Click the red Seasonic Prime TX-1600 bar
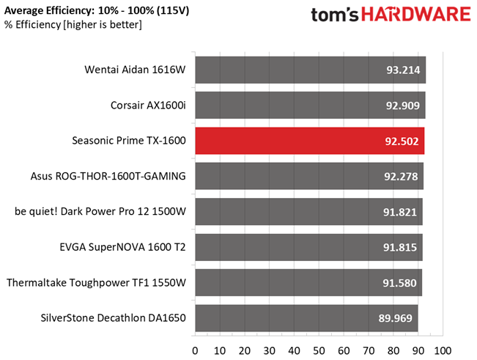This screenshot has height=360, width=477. [310, 141]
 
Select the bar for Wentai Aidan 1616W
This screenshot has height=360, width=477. [311, 70]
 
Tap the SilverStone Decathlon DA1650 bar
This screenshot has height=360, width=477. [306, 318]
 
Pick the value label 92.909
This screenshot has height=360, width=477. [403, 106]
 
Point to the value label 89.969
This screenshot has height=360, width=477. [395, 318]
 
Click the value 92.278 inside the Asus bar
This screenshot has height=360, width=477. [401, 177]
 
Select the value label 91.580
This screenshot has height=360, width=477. [399, 283]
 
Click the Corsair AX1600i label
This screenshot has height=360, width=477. [148, 106]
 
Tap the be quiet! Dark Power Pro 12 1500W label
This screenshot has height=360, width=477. [100, 211]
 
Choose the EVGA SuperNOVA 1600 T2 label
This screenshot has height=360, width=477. [122, 247]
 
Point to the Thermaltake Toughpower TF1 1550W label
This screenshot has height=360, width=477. [96, 283]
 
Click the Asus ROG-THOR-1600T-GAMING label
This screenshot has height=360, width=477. [108, 176]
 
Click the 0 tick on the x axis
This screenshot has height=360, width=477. [195, 351]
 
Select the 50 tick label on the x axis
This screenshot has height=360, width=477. [319, 351]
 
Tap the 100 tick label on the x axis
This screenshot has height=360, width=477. [443, 351]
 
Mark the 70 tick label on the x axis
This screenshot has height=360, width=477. [369, 351]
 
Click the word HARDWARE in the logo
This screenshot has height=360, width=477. [416, 15]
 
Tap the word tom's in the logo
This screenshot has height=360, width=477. [335, 15]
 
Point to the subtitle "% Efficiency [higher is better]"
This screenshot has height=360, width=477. [73, 25]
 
